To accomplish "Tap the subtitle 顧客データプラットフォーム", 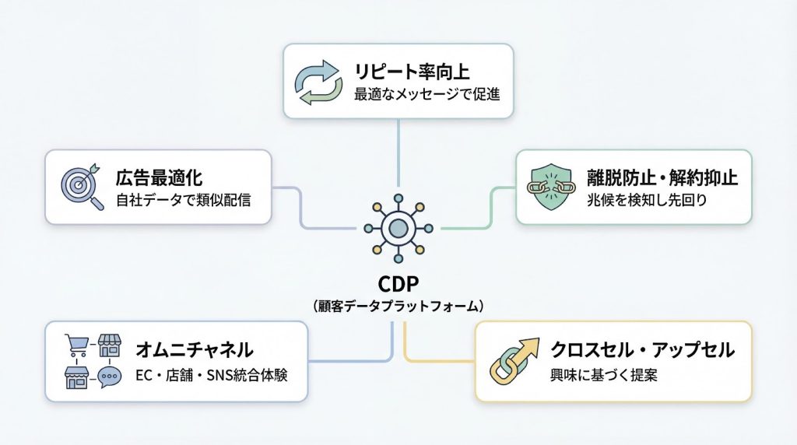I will tap(398, 306).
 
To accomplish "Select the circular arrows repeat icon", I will tap(316, 82).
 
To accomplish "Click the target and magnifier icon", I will tap(82, 187).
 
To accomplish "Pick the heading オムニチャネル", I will tap(195, 349).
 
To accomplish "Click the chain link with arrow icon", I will tap(514, 362).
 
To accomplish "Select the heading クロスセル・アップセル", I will tap(642, 350).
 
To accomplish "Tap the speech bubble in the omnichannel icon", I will tap(111, 379).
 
